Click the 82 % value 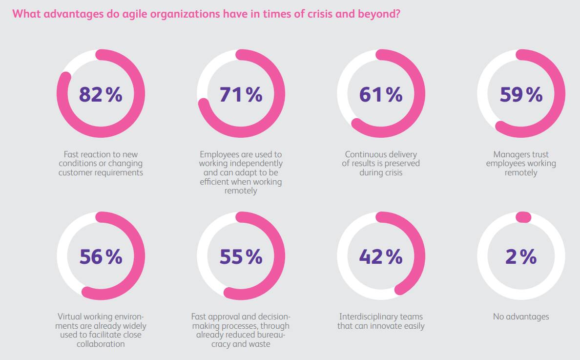tap(100, 94)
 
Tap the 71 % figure tap(241, 94)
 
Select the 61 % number tap(380, 94)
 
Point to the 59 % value tap(521, 94)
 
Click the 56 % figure tap(100, 256)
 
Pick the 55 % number tap(241, 256)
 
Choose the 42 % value tap(380, 256)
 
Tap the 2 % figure tap(521, 256)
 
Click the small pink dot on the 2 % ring tap(523, 217)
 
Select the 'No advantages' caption tap(521, 317)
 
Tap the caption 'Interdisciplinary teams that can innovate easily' tap(381, 321)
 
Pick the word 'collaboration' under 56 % tap(101, 344)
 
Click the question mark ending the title tap(397, 14)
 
